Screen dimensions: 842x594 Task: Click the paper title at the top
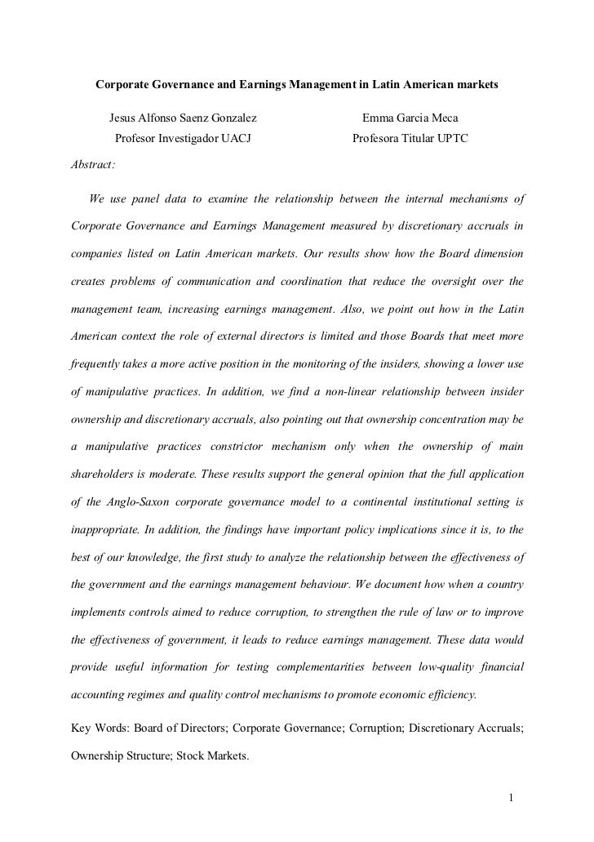point(297,85)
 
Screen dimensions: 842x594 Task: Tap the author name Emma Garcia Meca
point(405,119)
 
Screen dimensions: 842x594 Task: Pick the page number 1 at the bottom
point(509,798)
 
